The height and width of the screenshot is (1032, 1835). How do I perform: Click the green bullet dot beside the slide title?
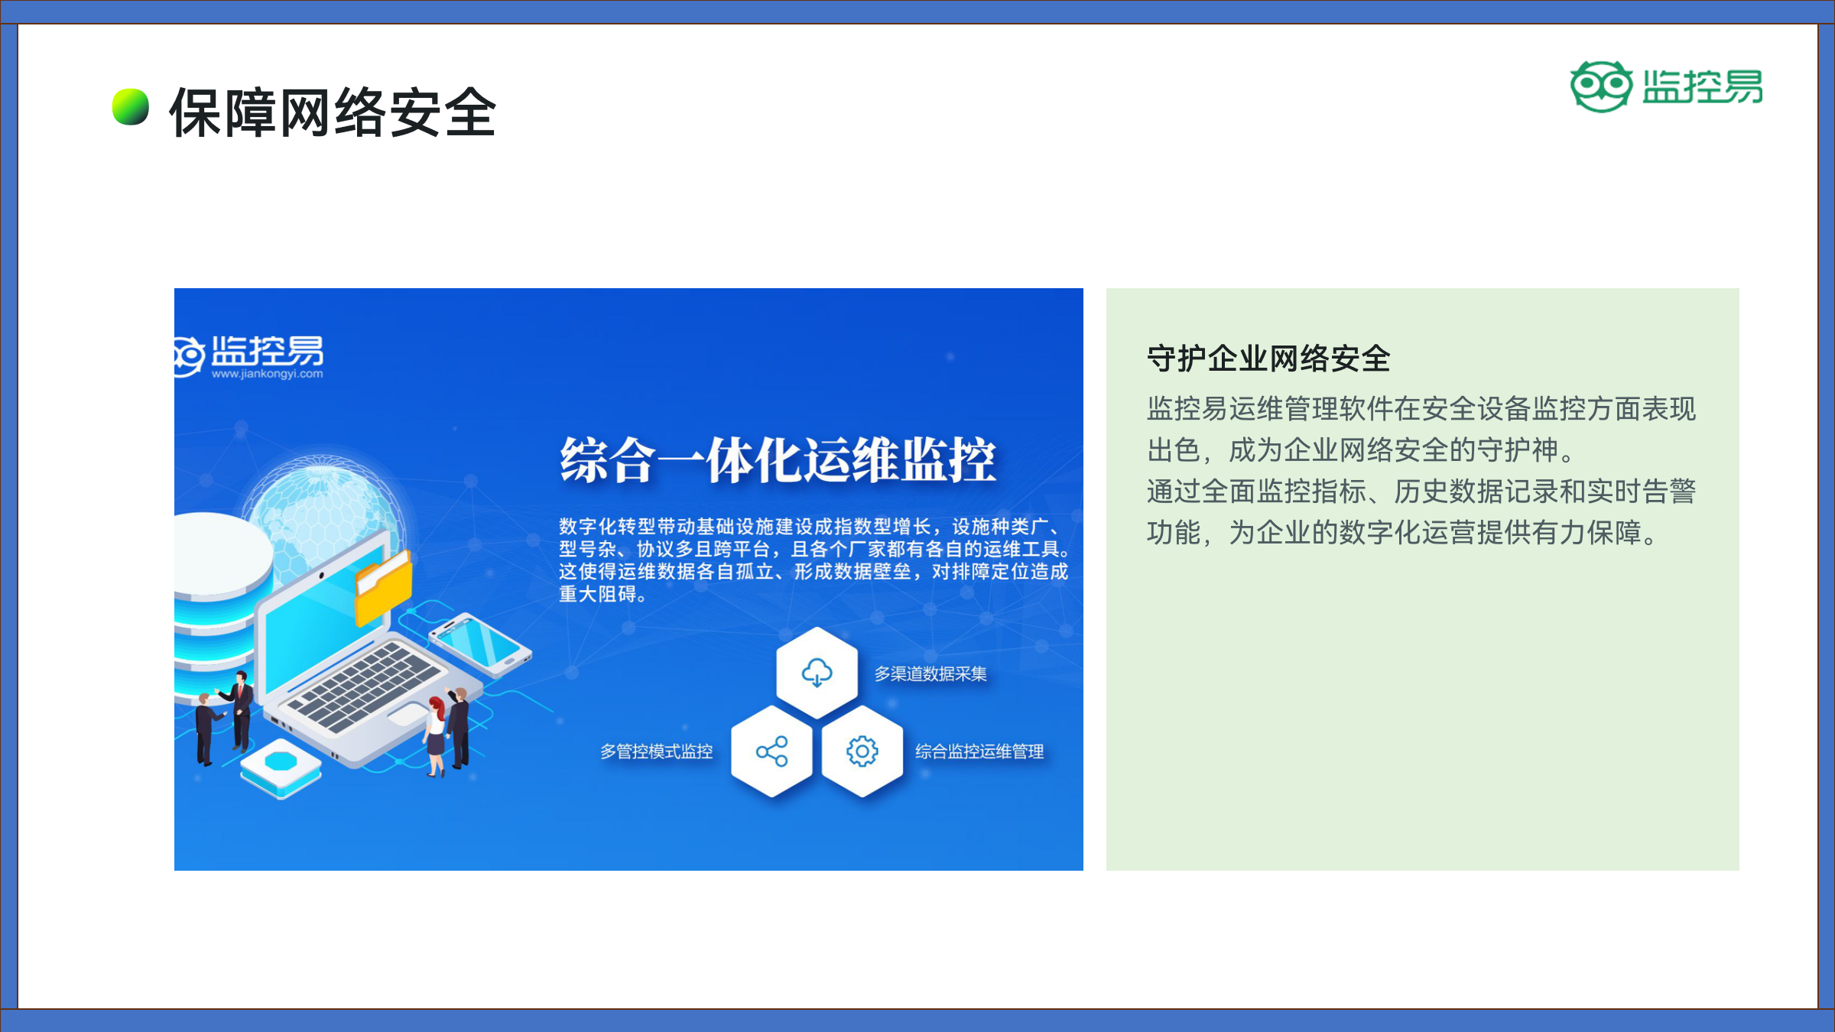(x=131, y=107)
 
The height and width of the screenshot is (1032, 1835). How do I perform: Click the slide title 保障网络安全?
(x=333, y=112)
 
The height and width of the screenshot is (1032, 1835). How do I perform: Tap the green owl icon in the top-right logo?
(x=1600, y=86)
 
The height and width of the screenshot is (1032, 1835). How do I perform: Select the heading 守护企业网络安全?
(x=1268, y=359)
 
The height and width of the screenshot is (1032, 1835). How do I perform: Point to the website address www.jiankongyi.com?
(x=268, y=374)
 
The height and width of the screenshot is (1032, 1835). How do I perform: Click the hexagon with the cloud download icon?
(x=817, y=673)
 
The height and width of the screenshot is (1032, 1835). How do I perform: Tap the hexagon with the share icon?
(x=771, y=751)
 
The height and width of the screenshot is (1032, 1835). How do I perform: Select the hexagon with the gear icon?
(x=862, y=751)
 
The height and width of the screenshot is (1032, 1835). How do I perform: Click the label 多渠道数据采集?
(x=930, y=673)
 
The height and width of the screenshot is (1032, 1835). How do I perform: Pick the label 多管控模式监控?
(x=656, y=751)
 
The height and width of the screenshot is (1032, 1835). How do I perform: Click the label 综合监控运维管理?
(x=979, y=751)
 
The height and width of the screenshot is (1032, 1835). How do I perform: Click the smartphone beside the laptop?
(x=480, y=644)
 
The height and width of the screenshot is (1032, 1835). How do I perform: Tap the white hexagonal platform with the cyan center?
(x=281, y=768)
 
